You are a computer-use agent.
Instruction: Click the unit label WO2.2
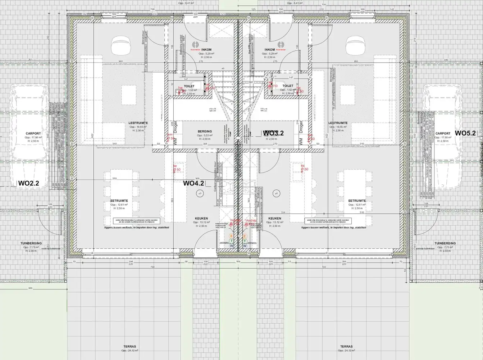(28, 183)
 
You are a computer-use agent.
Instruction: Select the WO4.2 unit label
(193, 183)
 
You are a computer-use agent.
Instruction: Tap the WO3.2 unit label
(273, 133)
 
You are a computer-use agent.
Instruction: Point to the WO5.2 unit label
(465, 133)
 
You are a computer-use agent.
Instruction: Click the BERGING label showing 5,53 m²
(205, 131)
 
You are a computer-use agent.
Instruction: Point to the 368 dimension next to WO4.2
(197, 178)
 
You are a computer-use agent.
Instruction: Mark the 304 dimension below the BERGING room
(205, 144)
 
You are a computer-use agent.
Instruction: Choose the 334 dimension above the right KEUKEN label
(283, 212)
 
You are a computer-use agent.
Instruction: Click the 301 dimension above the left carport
(30, 59)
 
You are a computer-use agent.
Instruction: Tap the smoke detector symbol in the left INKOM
(196, 45)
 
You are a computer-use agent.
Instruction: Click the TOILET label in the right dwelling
(288, 86)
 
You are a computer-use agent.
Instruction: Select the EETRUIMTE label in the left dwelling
(119, 201)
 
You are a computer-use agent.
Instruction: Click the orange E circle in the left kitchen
(232, 236)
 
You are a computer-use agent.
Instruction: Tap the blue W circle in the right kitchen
(245, 246)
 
